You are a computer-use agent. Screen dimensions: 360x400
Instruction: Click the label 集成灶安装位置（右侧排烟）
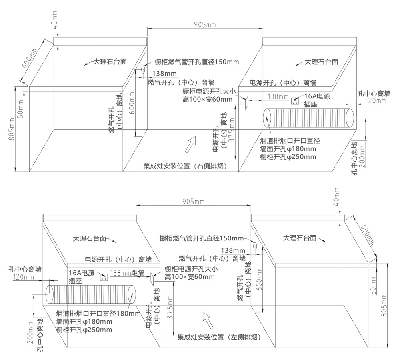coord(186,165)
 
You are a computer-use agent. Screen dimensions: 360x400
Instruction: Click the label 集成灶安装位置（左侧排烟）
coord(219,337)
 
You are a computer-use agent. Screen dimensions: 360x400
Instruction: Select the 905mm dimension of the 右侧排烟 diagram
coord(205,24)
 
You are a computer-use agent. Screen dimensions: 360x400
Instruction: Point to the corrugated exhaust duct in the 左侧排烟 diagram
coord(91,294)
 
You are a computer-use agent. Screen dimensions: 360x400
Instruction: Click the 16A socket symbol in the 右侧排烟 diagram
coord(296,100)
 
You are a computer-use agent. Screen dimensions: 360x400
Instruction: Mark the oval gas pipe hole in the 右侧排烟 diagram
coord(142,70)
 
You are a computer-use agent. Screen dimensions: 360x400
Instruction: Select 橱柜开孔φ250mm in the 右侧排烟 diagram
coord(288,156)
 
